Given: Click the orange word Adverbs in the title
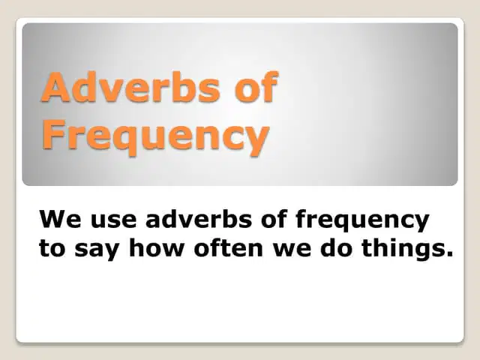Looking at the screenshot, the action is point(130,87).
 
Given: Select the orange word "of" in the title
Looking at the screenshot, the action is point(256,86).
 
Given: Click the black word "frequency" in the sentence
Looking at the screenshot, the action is point(362,221).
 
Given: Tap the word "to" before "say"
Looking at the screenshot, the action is point(52,248).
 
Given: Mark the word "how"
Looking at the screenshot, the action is point(155,247).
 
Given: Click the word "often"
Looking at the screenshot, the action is point(228,247).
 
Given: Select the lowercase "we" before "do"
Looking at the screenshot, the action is point(292,250).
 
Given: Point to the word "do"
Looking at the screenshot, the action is point(336,247).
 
